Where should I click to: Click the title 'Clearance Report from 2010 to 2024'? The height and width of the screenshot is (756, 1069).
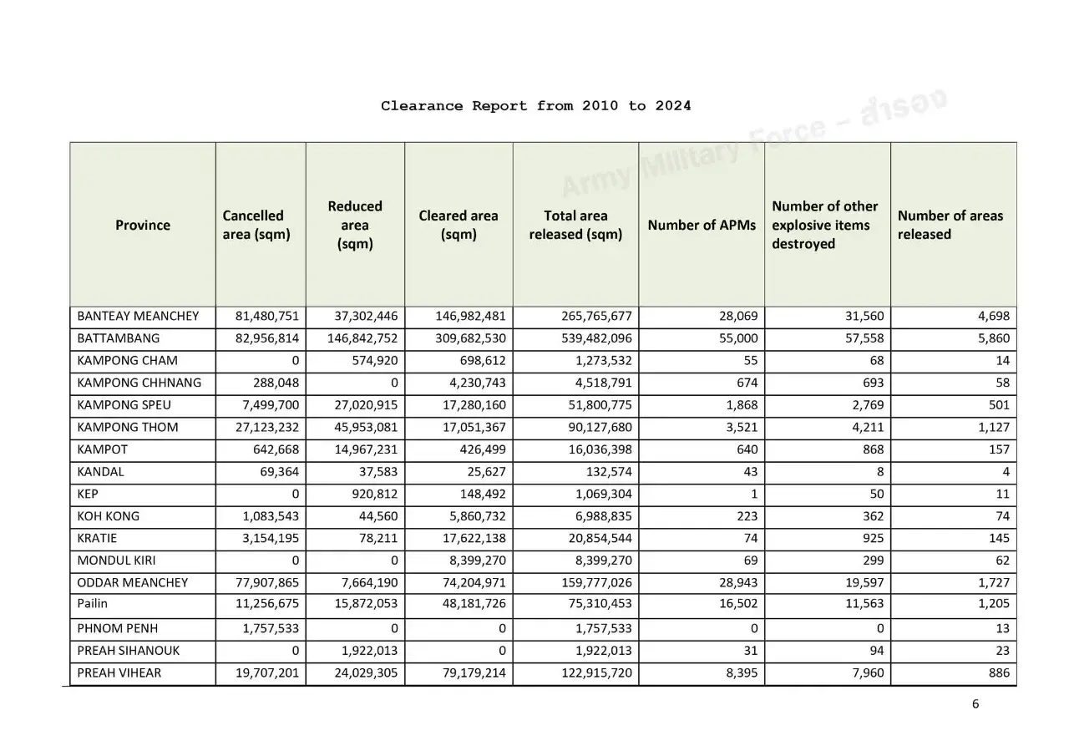(x=535, y=106)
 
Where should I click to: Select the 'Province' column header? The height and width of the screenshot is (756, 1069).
(x=143, y=225)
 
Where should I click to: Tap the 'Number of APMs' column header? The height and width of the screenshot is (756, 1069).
(x=702, y=225)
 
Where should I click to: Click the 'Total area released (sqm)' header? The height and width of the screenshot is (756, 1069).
(x=575, y=225)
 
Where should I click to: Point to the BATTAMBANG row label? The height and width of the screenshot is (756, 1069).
(x=118, y=338)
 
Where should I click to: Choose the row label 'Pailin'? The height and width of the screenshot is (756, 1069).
(x=92, y=603)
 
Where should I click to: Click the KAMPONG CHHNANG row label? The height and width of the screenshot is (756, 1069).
(x=139, y=383)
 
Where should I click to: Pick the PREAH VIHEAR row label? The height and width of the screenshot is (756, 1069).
(x=119, y=672)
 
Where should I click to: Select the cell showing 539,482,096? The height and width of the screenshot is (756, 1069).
(x=590, y=338)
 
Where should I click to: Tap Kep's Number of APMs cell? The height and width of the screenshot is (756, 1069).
(x=754, y=494)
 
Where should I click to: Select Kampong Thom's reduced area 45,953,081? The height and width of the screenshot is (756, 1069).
(x=365, y=427)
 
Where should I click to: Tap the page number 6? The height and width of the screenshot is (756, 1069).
(x=975, y=703)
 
